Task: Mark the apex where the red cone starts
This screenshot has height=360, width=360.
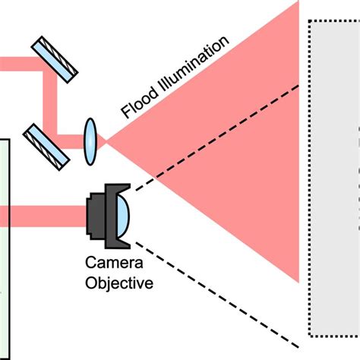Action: point(106,140)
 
